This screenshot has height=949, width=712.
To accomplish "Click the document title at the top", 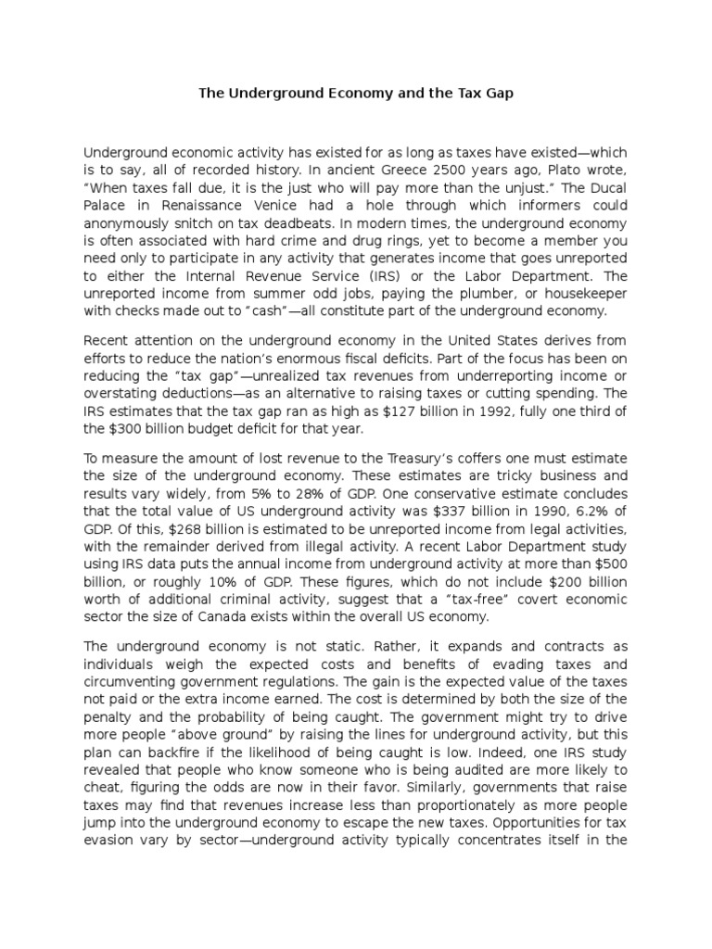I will click(x=356, y=94).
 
